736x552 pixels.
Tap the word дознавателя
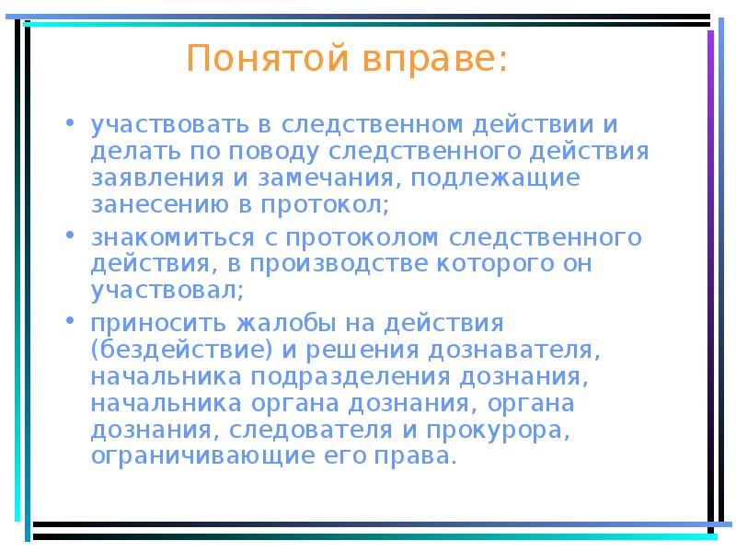tap(524, 351)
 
